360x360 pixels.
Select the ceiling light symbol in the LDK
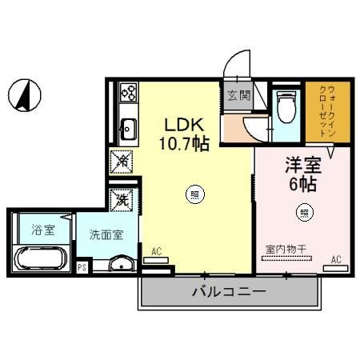point(194,193)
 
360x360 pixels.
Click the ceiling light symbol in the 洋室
point(304,213)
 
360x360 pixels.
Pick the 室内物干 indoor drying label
point(286,248)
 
